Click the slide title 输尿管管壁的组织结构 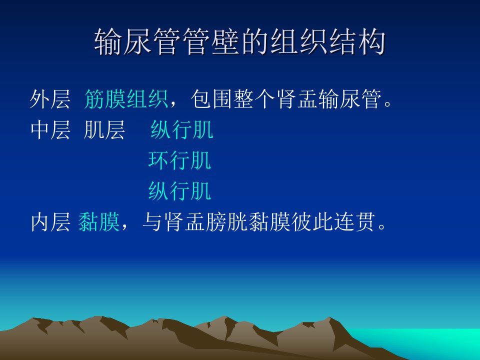click(x=239, y=42)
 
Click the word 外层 click(x=50, y=99)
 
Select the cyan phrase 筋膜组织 click(x=126, y=99)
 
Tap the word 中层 click(x=50, y=130)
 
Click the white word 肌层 click(x=104, y=130)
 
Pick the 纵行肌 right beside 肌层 click(x=182, y=130)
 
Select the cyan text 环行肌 click(x=179, y=160)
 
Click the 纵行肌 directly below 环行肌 click(x=179, y=191)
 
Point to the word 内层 click(x=50, y=222)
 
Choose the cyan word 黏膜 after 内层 click(x=98, y=222)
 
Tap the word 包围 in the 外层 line click(x=211, y=99)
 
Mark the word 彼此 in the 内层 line click(x=312, y=222)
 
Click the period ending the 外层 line click(x=387, y=103)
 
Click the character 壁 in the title click(x=225, y=42)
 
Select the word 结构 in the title click(x=357, y=42)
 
